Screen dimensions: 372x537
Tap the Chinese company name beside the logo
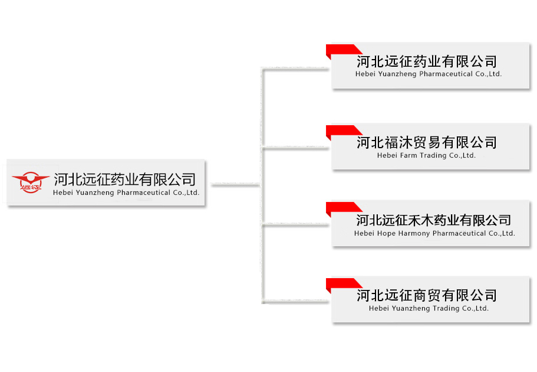pyautogui.click(x=124, y=179)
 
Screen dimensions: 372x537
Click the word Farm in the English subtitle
pyautogui.click(x=408, y=156)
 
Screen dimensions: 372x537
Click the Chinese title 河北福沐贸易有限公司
pyautogui.click(x=426, y=142)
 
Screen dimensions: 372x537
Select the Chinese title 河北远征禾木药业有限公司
pyautogui.click(x=433, y=220)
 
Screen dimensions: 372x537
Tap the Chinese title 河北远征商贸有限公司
pyautogui.click(x=426, y=295)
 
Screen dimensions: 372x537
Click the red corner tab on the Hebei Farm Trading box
pyautogui.click(x=342, y=130)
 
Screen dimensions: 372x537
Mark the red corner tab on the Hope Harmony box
pyautogui.click(x=342, y=207)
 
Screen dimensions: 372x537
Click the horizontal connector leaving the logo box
pyautogui.click(x=235, y=185)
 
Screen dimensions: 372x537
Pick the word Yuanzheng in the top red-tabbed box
pyautogui.click(x=397, y=74)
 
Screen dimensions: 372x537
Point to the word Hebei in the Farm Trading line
pyautogui.click(x=387, y=156)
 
